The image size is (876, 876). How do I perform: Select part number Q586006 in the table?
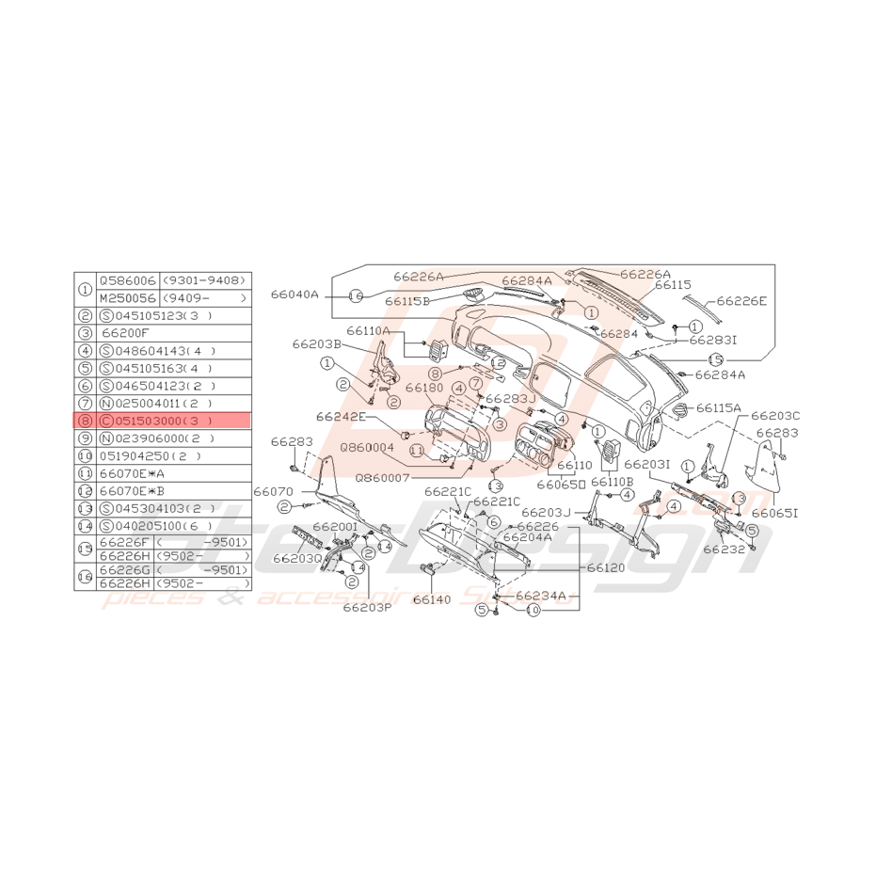click(128, 280)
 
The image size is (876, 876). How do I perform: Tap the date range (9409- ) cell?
click(204, 297)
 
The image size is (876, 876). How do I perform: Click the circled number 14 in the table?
click(86, 526)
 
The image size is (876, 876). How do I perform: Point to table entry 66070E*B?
click(133, 491)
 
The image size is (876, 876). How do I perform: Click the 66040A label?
click(296, 295)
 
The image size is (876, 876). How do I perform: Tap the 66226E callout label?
click(741, 301)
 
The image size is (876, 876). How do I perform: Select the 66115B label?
click(407, 301)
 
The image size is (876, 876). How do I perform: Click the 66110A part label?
click(368, 331)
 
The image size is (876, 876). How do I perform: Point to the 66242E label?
click(341, 416)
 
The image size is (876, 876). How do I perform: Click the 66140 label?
click(431, 598)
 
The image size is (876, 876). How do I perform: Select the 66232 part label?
click(724, 548)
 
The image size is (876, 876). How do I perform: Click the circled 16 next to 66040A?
click(356, 295)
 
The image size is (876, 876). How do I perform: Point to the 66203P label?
click(367, 607)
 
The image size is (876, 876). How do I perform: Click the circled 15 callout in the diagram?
click(715, 358)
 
